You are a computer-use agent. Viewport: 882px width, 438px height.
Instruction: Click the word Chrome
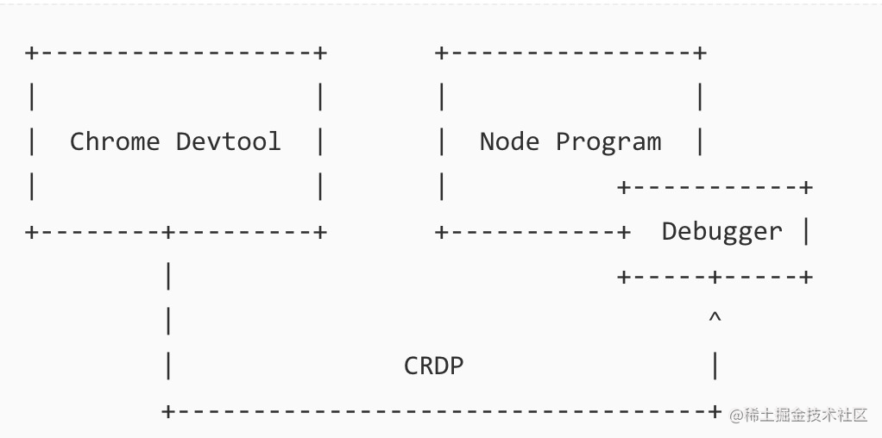coord(115,141)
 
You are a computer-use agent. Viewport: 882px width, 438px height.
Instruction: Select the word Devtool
coord(229,141)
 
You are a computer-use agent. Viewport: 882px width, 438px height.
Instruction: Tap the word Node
coord(510,141)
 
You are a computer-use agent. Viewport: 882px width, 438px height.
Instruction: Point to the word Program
coord(608,142)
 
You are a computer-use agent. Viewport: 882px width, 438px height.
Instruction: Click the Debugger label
coord(721,231)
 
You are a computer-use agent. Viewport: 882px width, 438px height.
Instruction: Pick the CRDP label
coord(434,366)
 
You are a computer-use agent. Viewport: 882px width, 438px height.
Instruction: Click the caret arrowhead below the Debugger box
coord(715,319)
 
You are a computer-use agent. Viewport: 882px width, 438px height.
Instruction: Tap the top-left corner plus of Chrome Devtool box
coord(31,53)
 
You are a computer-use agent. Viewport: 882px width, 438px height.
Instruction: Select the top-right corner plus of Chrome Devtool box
coord(320,53)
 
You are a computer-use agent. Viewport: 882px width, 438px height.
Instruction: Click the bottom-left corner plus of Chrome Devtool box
coord(31,232)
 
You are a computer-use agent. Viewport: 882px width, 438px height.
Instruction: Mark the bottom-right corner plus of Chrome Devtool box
coord(320,232)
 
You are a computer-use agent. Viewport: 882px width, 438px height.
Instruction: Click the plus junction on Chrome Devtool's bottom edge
coord(168,232)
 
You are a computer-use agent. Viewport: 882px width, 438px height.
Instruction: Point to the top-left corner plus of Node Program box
coord(442,53)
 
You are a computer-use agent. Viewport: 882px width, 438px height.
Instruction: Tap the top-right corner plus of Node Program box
coord(700,53)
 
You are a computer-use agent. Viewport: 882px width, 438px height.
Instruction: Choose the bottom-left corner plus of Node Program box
coord(442,232)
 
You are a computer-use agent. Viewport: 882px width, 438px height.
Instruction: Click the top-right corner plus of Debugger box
coord(806,187)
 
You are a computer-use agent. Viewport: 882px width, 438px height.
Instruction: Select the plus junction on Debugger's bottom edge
coord(715,277)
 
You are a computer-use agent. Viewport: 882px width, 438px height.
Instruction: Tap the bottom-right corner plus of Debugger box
coord(806,277)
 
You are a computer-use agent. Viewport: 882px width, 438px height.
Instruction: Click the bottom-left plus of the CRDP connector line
coord(168,411)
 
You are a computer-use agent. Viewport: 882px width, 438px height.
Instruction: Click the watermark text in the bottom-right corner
coord(799,415)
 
